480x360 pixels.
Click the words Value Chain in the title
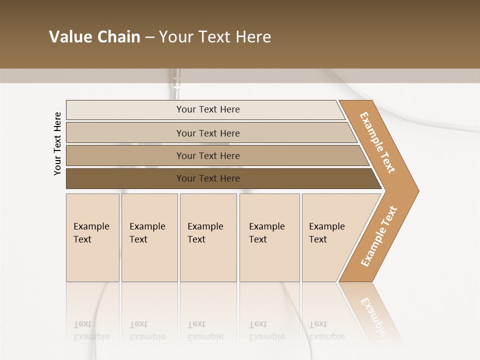pos(94,37)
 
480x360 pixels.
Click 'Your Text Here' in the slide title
pos(215,37)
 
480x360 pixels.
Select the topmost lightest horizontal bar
pos(125,110)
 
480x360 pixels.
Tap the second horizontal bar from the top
pos(125,133)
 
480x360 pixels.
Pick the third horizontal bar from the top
pos(125,155)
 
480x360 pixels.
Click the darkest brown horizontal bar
pos(125,178)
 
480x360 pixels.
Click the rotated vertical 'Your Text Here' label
pos(57,143)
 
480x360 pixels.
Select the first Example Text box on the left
pos(92,237)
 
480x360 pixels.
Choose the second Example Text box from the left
pos(149,237)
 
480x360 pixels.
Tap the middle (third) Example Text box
pos(208,237)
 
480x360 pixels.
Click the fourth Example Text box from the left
pos(269,237)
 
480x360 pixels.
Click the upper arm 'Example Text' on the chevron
pos(378,142)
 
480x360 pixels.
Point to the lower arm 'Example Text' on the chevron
pos(379,236)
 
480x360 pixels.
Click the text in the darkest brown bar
pos(208,178)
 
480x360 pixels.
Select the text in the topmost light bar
pos(208,109)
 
